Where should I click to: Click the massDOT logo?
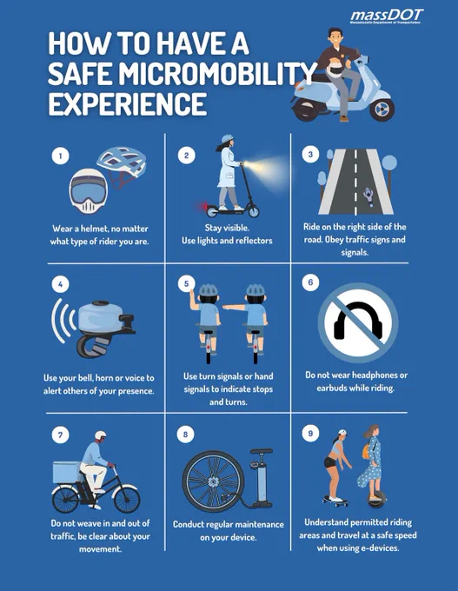387,17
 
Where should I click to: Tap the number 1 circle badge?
60,156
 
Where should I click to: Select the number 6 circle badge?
310,282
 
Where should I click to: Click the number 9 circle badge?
310,433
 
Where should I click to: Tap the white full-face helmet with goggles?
88,190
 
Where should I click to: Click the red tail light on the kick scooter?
204,207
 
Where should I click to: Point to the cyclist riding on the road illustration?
368,196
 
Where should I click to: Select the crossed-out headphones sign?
358,322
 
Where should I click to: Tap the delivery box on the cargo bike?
66,472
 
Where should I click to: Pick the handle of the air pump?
262,451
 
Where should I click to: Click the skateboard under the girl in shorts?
335,500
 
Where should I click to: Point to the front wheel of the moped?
382,110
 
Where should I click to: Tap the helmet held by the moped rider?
335,69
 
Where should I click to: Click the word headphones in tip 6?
375,375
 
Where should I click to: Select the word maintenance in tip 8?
260,524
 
